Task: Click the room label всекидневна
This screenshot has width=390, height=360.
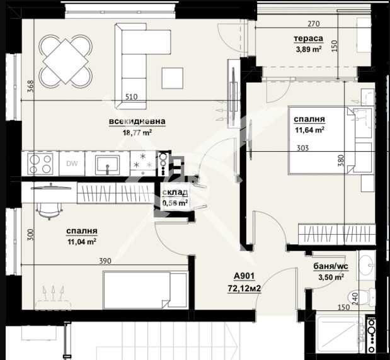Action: pyautogui.click(x=137, y=121)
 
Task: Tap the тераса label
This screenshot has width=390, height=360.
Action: pyautogui.click(x=309, y=38)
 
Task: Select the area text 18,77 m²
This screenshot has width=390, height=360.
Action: pyautogui.click(x=137, y=132)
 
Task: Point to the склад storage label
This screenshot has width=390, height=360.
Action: pyautogui.click(x=175, y=193)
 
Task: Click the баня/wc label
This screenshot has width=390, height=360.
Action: pyautogui.click(x=331, y=266)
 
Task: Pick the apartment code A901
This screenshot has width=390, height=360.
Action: pyautogui.click(x=244, y=276)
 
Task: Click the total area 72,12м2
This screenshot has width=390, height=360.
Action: pyautogui.click(x=244, y=288)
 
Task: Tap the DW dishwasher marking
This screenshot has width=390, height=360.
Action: pyautogui.click(x=72, y=164)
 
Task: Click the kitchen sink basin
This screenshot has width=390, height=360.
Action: pyautogui.click(x=108, y=164)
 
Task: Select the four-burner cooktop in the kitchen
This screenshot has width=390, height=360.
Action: pyautogui.click(x=40, y=164)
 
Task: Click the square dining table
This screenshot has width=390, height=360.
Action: pyautogui.click(x=66, y=61)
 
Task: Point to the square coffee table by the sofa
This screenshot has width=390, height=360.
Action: pyautogui.click(x=173, y=78)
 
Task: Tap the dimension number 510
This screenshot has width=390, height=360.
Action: pyautogui.click(x=131, y=97)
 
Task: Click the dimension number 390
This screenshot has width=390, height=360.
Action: pyautogui.click(x=105, y=261)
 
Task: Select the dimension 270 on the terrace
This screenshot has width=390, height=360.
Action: pyautogui.click(x=314, y=24)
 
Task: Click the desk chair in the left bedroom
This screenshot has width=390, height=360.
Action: pyautogui.click(x=49, y=211)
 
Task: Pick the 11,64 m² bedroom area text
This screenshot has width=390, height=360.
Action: pyautogui.click(x=309, y=130)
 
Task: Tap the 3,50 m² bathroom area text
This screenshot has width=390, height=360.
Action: pyautogui.click(x=331, y=277)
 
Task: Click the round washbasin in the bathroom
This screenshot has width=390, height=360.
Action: pyautogui.click(x=367, y=266)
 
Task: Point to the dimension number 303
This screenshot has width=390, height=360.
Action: pyautogui.click(x=302, y=148)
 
